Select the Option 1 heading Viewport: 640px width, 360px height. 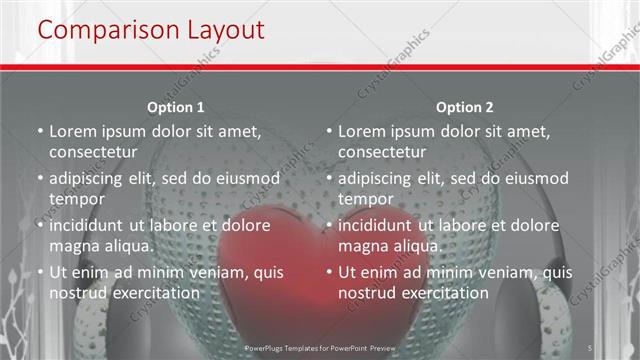click(176, 107)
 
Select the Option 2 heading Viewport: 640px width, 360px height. click(464, 107)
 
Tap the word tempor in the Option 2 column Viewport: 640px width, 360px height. click(366, 199)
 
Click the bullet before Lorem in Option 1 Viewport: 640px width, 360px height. click(39, 131)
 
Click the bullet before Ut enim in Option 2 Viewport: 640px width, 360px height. click(329, 272)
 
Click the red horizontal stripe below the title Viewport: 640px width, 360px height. click(320, 68)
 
